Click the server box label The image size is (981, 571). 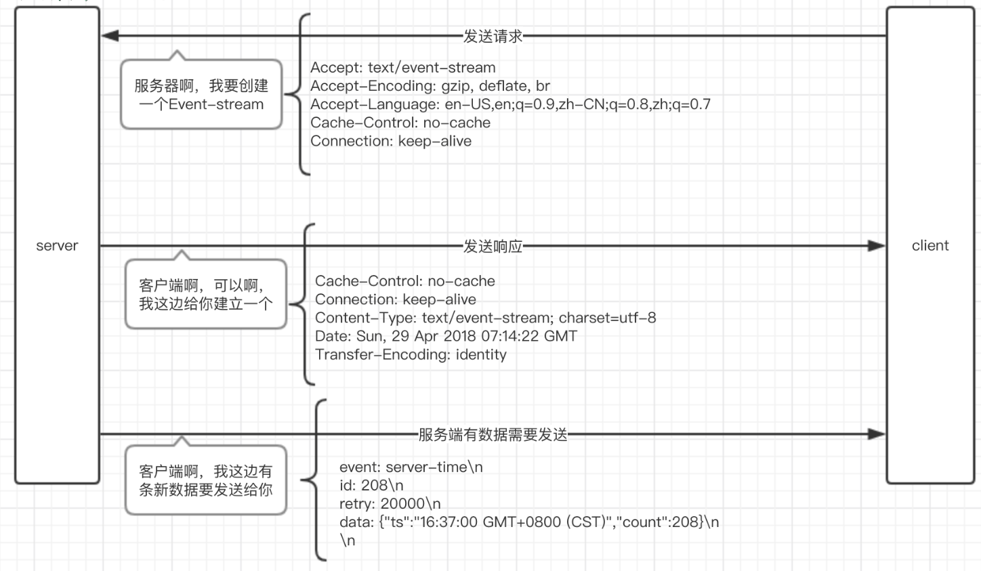(x=57, y=246)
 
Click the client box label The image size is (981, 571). (x=930, y=246)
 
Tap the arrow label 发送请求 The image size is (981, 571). (x=493, y=37)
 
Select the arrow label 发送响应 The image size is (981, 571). (x=493, y=247)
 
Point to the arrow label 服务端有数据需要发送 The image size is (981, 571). (x=493, y=435)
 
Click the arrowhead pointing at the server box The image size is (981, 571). (x=110, y=36)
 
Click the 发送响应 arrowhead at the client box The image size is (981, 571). (x=876, y=245)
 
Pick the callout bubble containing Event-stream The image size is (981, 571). (x=201, y=95)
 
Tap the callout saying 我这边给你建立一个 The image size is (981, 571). (x=205, y=295)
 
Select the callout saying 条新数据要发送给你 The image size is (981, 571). (x=205, y=480)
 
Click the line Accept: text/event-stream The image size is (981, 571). (x=402, y=68)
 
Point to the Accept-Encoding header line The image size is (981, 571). (x=430, y=86)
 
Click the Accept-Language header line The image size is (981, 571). (x=510, y=104)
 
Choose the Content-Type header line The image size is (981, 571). (x=485, y=318)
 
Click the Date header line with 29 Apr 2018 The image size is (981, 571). (x=446, y=336)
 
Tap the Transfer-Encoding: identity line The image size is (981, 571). (x=411, y=354)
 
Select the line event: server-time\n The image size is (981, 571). (x=411, y=467)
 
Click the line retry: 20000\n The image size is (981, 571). (x=390, y=504)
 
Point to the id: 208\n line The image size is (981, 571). (x=371, y=486)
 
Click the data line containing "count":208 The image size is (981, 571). (x=528, y=522)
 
